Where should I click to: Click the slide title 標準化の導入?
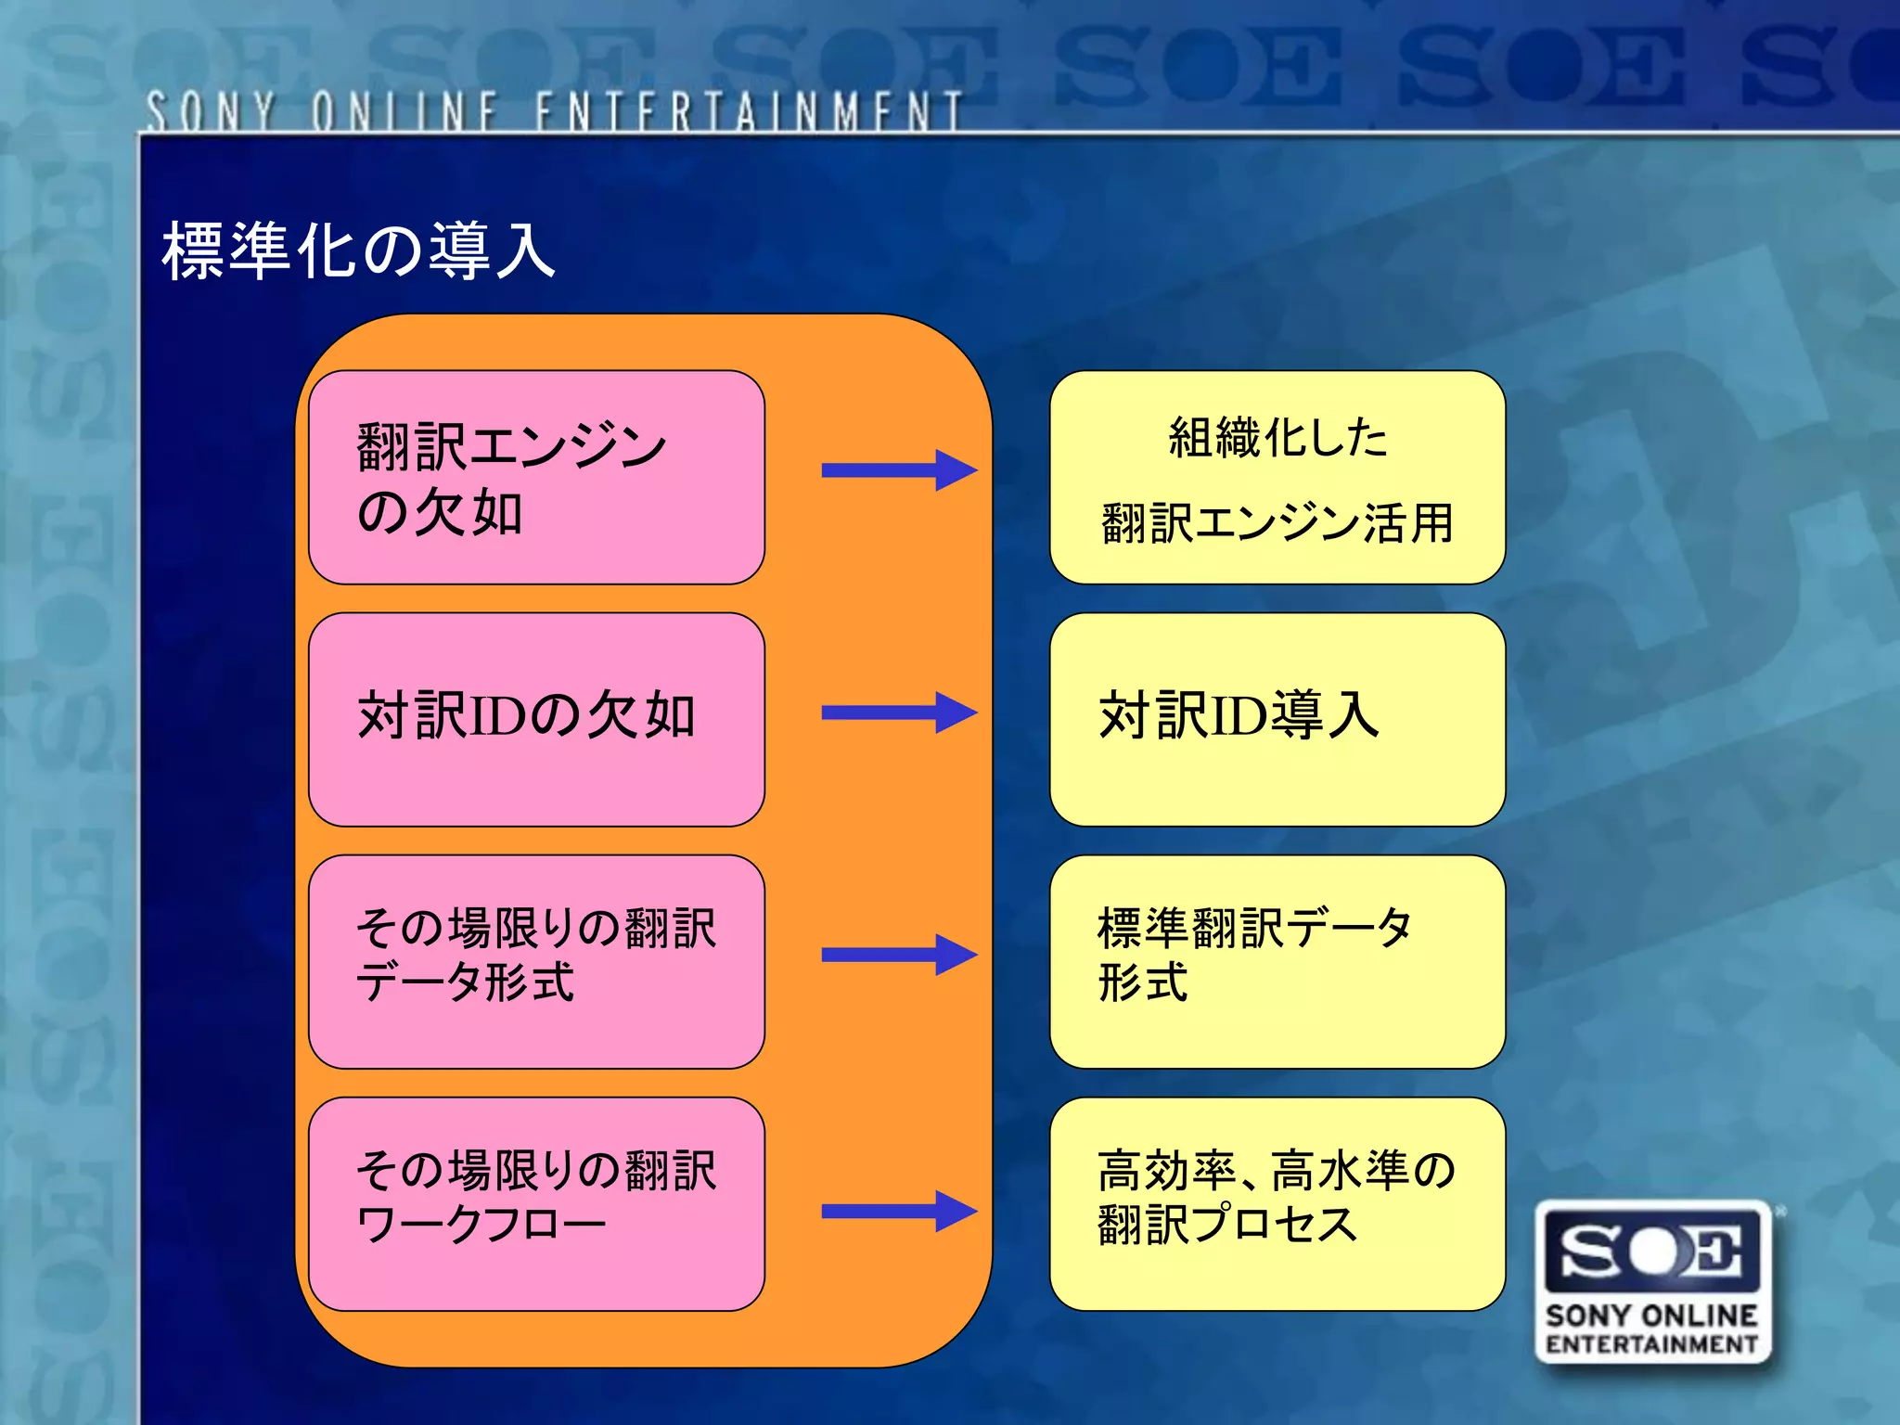(358, 250)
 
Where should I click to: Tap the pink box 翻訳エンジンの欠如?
(536, 478)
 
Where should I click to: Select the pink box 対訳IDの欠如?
(536, 719)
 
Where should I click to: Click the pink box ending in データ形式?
(536, 961)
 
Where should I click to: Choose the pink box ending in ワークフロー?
(536, 1203)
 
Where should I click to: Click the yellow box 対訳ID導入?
(1277, 719)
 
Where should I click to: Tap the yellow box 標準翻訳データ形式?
(1277, 961)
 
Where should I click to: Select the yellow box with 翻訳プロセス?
(1277, 1203)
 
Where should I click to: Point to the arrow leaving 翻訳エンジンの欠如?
(898, 470)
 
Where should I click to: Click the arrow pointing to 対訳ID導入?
(898, 712)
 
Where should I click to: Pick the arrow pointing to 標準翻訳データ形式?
(898, 955)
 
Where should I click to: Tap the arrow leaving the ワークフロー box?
(898, 1211)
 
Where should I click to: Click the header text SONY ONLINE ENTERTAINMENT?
(554, 111)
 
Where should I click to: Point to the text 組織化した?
(1277, 438)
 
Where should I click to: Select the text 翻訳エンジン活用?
(1277, 523)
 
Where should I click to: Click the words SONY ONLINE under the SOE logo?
(1651, 1316)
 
